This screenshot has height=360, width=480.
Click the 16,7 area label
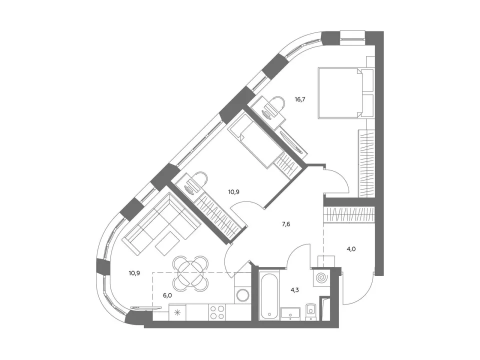tap(300, 99)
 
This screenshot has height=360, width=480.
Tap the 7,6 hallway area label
tap(286, 224)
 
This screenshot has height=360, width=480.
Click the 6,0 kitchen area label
tap(167, 295)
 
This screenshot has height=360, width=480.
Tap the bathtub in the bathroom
tap(269, 294)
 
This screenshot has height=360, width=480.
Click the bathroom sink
tap(290, 313)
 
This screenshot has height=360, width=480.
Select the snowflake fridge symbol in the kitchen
tap(177, 312)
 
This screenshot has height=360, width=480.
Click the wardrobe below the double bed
tap(366, 163)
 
